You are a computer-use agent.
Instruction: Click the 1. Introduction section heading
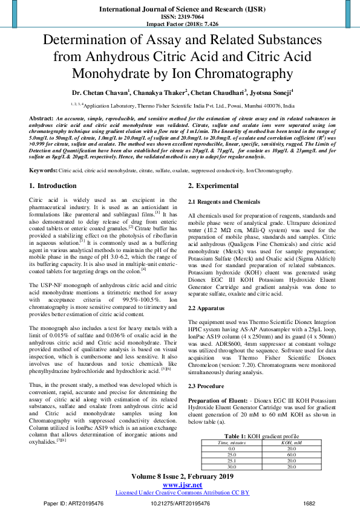pos(53,186)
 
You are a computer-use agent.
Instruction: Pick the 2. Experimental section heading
pos(214,186)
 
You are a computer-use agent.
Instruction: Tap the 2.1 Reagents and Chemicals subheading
pos(223,201)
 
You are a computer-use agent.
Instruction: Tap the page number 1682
pos(309,503)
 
